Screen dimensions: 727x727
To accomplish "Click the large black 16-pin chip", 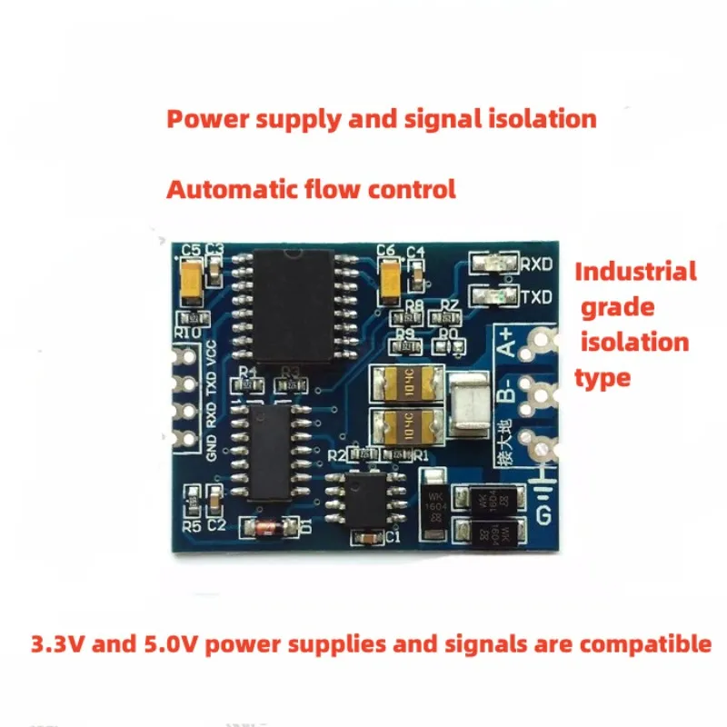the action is coord(294,305).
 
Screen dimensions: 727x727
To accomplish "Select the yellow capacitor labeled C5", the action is coord(193,280).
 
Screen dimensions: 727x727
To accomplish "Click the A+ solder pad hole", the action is coord(543,342).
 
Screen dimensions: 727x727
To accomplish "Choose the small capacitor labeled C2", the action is coord(214,498).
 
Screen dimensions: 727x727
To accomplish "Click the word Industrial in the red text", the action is coord(635,271).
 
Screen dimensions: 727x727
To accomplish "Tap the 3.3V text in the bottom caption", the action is coord(57,644).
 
